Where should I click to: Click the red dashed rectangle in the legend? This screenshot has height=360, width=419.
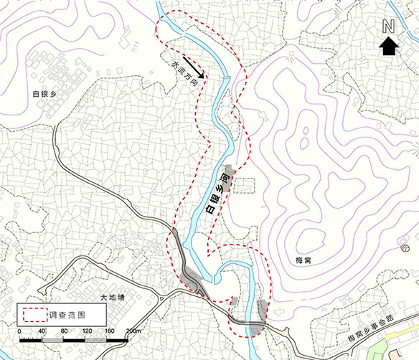coord(32,313)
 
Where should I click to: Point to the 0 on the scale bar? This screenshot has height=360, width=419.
coord(20,331)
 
